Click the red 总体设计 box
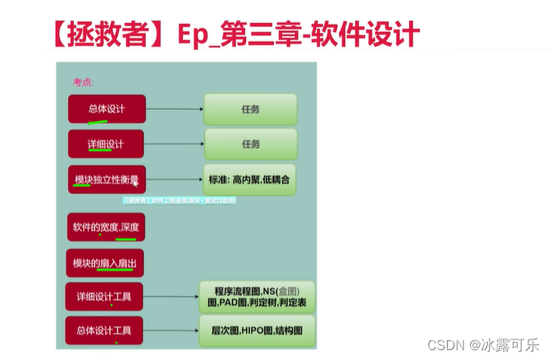107,109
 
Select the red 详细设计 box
106,144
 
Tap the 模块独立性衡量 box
107,179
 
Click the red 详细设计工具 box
104,296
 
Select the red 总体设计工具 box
104,330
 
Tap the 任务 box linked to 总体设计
250,109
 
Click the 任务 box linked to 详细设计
250,144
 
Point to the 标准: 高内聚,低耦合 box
249,179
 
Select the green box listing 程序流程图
258,296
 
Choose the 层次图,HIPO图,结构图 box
258,330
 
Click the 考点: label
84,82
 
